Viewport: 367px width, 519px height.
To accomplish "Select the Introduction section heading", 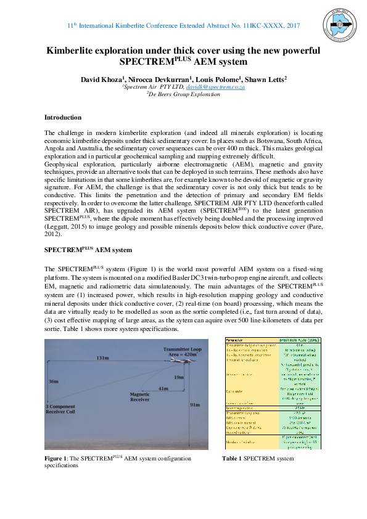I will [62, 117].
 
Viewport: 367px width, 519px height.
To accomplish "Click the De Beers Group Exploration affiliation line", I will [184, 95].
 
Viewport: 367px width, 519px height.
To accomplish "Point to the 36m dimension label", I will [53, 382].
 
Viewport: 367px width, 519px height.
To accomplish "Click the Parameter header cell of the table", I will [234, 340].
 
